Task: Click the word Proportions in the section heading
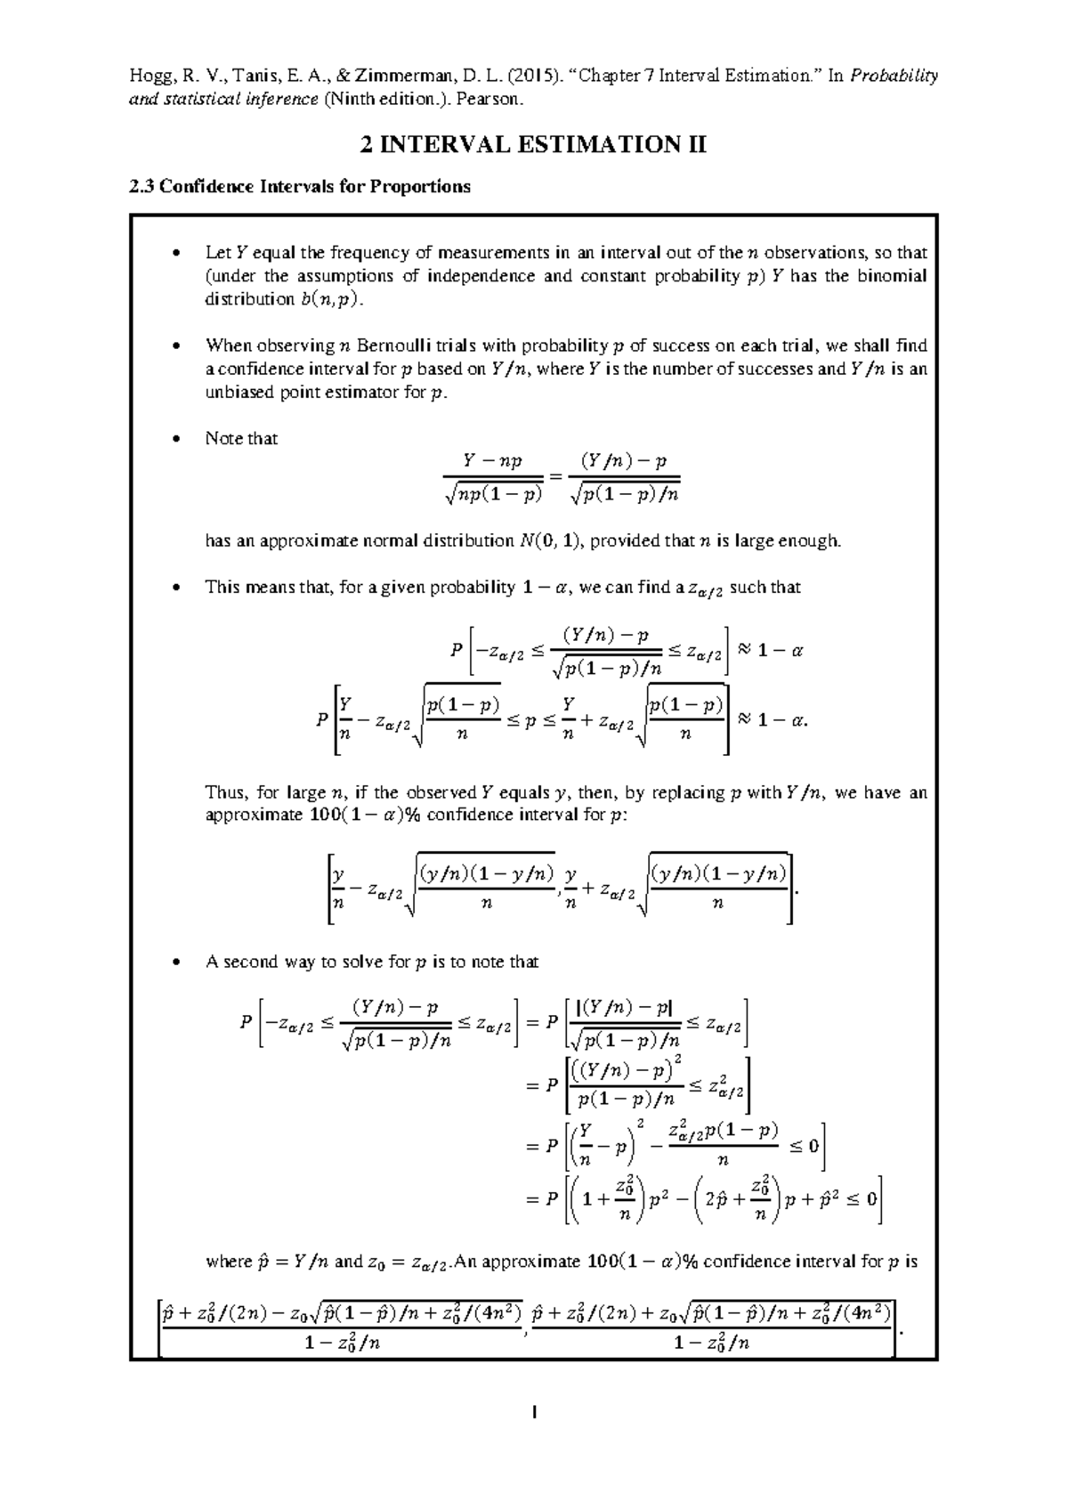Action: (x=420, y=187)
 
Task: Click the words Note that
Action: (x=241, y=439)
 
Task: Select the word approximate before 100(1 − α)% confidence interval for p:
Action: (x=254, y=816)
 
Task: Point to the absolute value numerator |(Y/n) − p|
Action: (x=625, y=1009)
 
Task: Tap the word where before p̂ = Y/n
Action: (x=229, y=1262)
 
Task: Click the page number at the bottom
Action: (x=533, y=1413)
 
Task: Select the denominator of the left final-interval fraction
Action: (x=341, y=1344)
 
